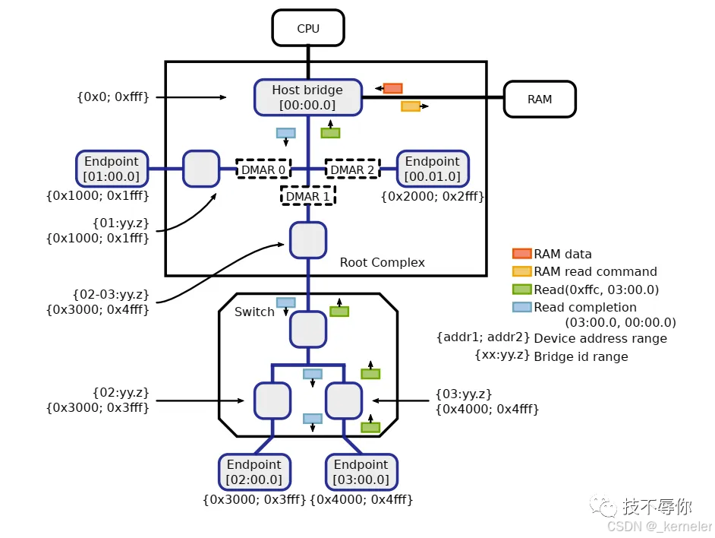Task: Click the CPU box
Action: coord(308,29)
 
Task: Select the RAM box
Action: coord(540,99)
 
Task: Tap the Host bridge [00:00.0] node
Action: coord(307,97)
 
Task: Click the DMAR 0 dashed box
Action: coord(263,169)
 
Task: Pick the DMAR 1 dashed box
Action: coord(308,196)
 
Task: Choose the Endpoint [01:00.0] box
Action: coord(112,169)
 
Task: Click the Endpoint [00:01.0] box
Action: coord(433,169)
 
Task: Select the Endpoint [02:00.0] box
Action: coord(254,472)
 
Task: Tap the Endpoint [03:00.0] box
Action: coord(361,472)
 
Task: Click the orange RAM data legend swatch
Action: coord(521,254)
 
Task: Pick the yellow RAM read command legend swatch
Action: coord(521,271)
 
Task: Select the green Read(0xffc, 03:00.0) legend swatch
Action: coord(521,290)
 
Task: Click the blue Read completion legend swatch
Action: coord(521,307)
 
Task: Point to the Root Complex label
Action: coord(382,263)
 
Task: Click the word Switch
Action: coord(254,312)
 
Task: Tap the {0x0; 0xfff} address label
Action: coord(112,97)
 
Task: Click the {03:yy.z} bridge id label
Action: coord(464,394)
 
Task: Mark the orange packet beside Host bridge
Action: coord(392,88)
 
